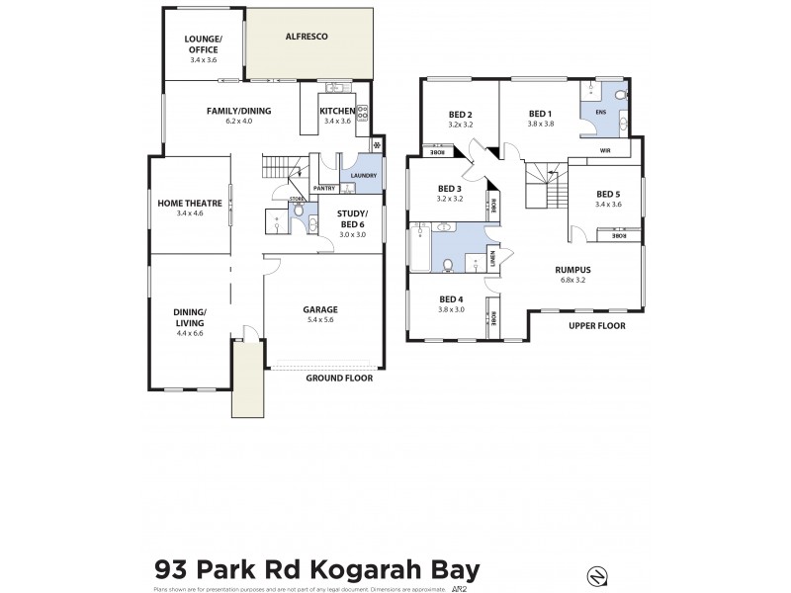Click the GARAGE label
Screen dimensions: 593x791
point(320,309)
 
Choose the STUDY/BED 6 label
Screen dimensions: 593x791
point(352,218)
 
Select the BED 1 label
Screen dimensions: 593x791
point(539,113)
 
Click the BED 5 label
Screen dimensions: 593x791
point(608,195)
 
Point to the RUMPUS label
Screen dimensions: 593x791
point(572,268)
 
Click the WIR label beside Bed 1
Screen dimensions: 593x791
point(605,151)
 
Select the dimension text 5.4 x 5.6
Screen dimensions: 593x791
point(320,319)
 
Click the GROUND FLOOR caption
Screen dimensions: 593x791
point(336,378)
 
